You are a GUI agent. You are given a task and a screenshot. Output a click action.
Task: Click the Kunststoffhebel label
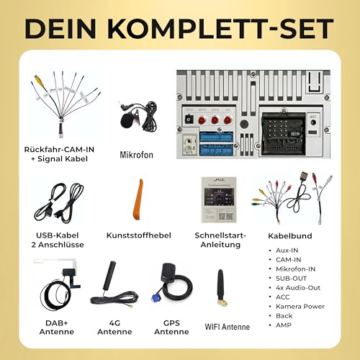click(137, 235)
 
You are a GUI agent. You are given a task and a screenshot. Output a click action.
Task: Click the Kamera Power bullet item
click(300, 306)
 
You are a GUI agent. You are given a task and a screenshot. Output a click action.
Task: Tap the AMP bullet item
click(284, 325)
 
